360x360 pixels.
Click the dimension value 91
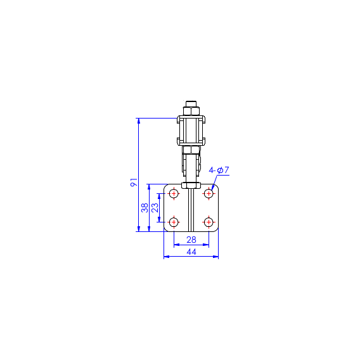coord(134,182)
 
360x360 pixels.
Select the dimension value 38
coord(145,208)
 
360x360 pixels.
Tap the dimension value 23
coord(155,207)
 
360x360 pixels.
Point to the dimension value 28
coord(191,240)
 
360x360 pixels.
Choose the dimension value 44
coord(191,252)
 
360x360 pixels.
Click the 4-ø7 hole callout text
coord(219,170)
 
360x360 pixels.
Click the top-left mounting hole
coord(174,194)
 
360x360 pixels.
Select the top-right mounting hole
coord(209,194)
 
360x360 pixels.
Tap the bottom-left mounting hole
coord(174,222)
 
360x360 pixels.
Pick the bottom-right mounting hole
coord(209,222)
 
